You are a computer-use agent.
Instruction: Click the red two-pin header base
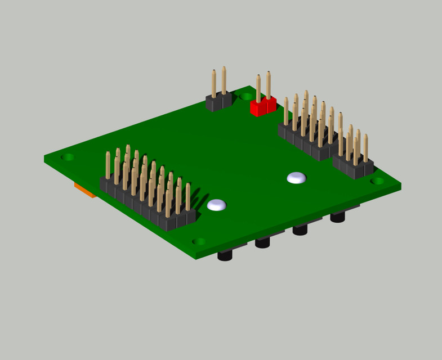263,107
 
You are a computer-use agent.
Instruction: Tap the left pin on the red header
258,89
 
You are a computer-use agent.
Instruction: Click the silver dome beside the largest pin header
217,205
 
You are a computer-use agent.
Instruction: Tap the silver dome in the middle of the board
297,178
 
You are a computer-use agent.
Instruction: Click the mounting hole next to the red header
246,97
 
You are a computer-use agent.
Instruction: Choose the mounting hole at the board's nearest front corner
199,242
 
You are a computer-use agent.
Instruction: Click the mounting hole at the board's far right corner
379,181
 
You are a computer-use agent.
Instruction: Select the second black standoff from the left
263,243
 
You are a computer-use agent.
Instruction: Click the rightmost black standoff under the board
338,217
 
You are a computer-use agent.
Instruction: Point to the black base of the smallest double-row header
354,167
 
